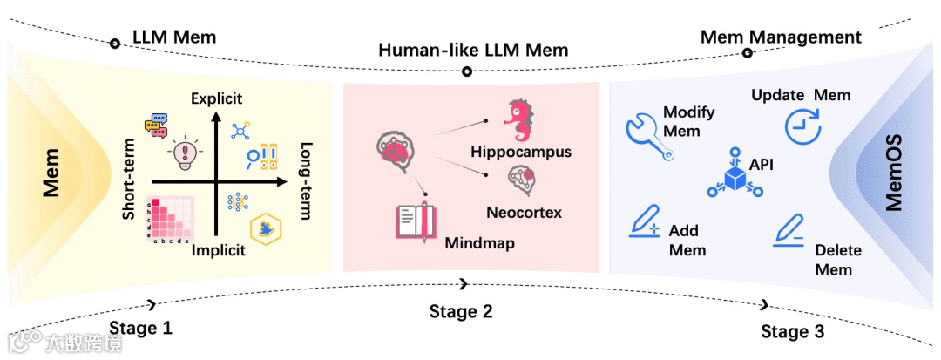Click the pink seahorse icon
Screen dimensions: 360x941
point(522,121)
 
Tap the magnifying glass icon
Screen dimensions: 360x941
point(253,158)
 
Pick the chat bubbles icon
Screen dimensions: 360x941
point(158,125)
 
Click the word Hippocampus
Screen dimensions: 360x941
point(521,152)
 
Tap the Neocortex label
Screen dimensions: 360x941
point(524,212)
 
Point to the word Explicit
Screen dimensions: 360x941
point(216,98)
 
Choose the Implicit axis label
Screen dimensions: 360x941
point(218,250)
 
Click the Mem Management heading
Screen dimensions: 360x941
point(781,37)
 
